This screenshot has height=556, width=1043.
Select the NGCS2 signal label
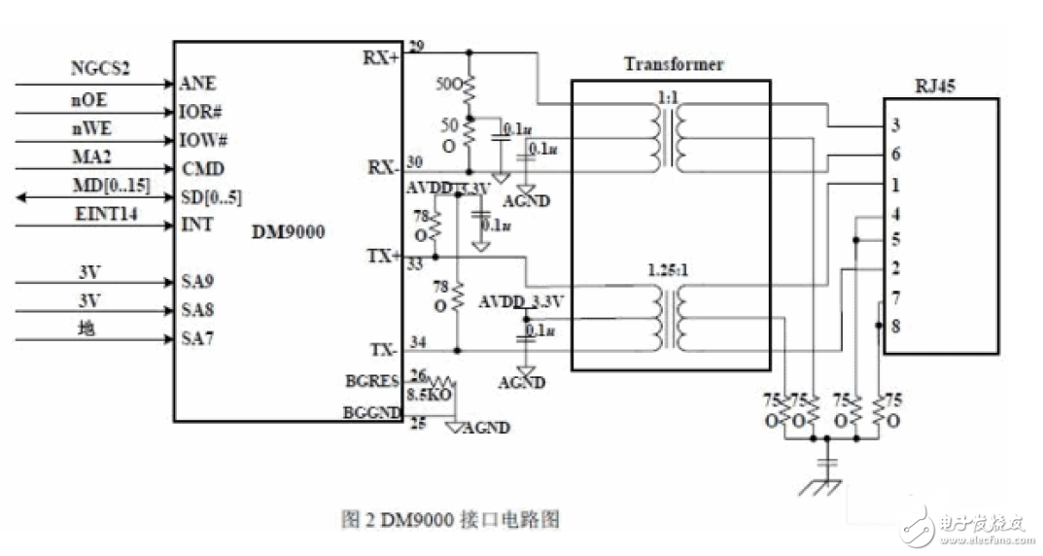tap(100, 68)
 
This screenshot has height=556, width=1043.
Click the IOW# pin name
tap(203, 140)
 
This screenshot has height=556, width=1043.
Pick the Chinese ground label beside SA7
tap(87, 330)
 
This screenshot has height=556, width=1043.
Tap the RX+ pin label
tap(381, 57)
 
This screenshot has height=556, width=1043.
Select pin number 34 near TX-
tap(417, 341)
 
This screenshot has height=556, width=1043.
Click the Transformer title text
tap(673, 64)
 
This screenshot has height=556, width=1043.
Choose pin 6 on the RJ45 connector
tap(895, 155)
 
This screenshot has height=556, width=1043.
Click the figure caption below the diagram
tap(451, 519)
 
